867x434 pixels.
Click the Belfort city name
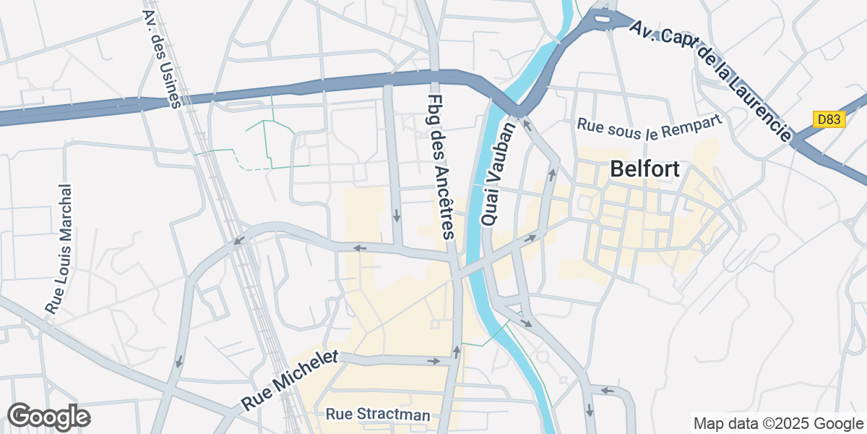[x=644, y=169]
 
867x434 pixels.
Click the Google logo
[x=48, y=417]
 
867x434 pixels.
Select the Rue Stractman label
[x=378, y=415]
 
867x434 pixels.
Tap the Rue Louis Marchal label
[x=59, y=249]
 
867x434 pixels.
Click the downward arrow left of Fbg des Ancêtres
[x=397, y=216]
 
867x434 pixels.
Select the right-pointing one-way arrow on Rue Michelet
[x=433, y=360]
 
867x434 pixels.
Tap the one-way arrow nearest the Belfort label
[x=553, y=173]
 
